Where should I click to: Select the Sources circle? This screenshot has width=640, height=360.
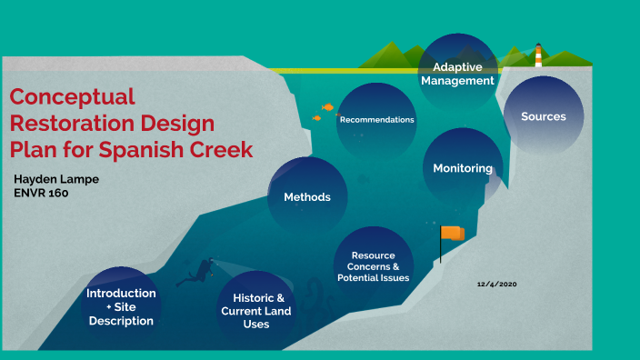544,116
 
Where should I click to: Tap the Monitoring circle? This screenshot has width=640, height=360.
463,168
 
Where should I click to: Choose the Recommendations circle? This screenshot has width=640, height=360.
376,120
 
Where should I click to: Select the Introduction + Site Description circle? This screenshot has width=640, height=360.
121,306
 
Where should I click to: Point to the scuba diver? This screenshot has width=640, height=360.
195,271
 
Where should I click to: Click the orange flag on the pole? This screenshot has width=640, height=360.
453,234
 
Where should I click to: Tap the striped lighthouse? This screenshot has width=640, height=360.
538,55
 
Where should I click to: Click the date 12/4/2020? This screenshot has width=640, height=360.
497,285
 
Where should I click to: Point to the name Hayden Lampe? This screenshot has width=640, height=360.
57,179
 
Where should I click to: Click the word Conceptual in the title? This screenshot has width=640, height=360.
72,96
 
